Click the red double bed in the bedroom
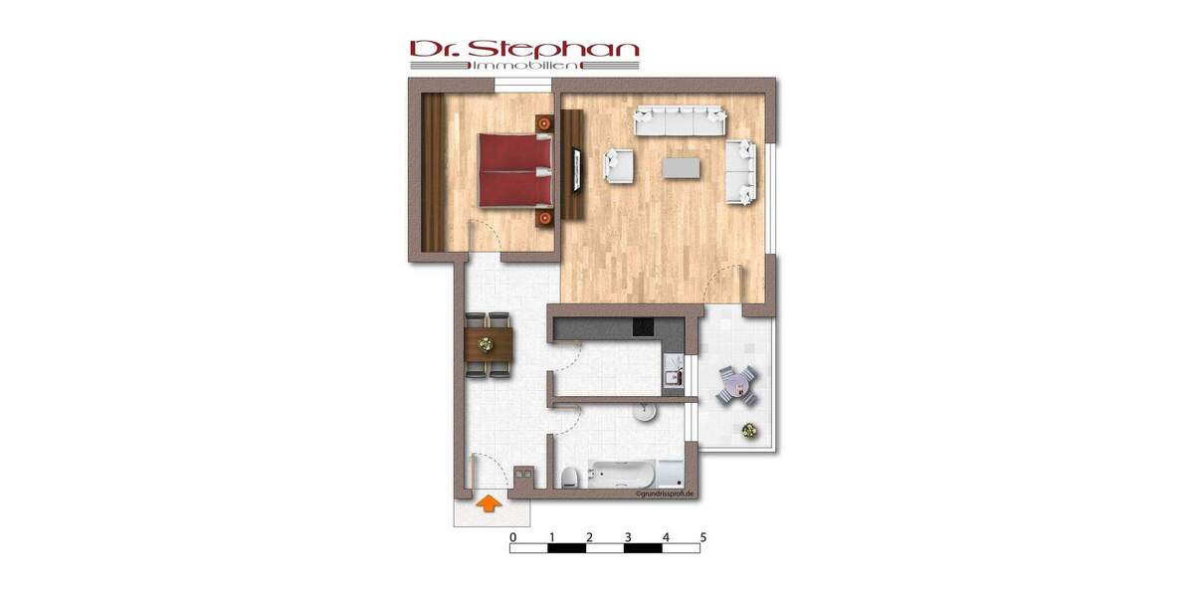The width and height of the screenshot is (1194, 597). pyautogui.click(x=515, y=170)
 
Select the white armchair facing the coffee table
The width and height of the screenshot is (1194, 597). pyautogui.click(x=617, y=165)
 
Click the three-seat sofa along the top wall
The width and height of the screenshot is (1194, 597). pyautogui.click(x=682, y=120)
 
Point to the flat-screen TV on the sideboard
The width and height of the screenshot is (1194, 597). pyautogui.click(x=574, y=170)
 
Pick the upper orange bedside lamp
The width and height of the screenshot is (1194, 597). pyautogui.click(x=543, y=122)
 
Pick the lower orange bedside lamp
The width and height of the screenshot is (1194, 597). pyautogui.click(x=543, y=217)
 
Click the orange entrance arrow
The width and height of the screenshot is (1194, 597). pyautogui.click(x=487, y=504)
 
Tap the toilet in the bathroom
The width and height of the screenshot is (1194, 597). pyautogui.click(x=566, y=477)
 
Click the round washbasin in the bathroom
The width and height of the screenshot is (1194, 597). pyautogui.click(x=645, y=411)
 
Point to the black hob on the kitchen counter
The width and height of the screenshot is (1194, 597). pyautogui.click(x=642, y=327)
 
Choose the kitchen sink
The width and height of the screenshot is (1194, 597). pyautogui.click(x=673, y=377)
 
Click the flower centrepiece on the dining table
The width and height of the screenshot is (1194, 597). pyautogui.click(x=487, y=345)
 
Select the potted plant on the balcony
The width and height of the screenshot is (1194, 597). pyautogui.click(x=747, y=430)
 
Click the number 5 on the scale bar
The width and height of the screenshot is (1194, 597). pyautogui.click(x=703, y=537)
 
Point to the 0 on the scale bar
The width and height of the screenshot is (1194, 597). pyautogui.click(x=512, y=537)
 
